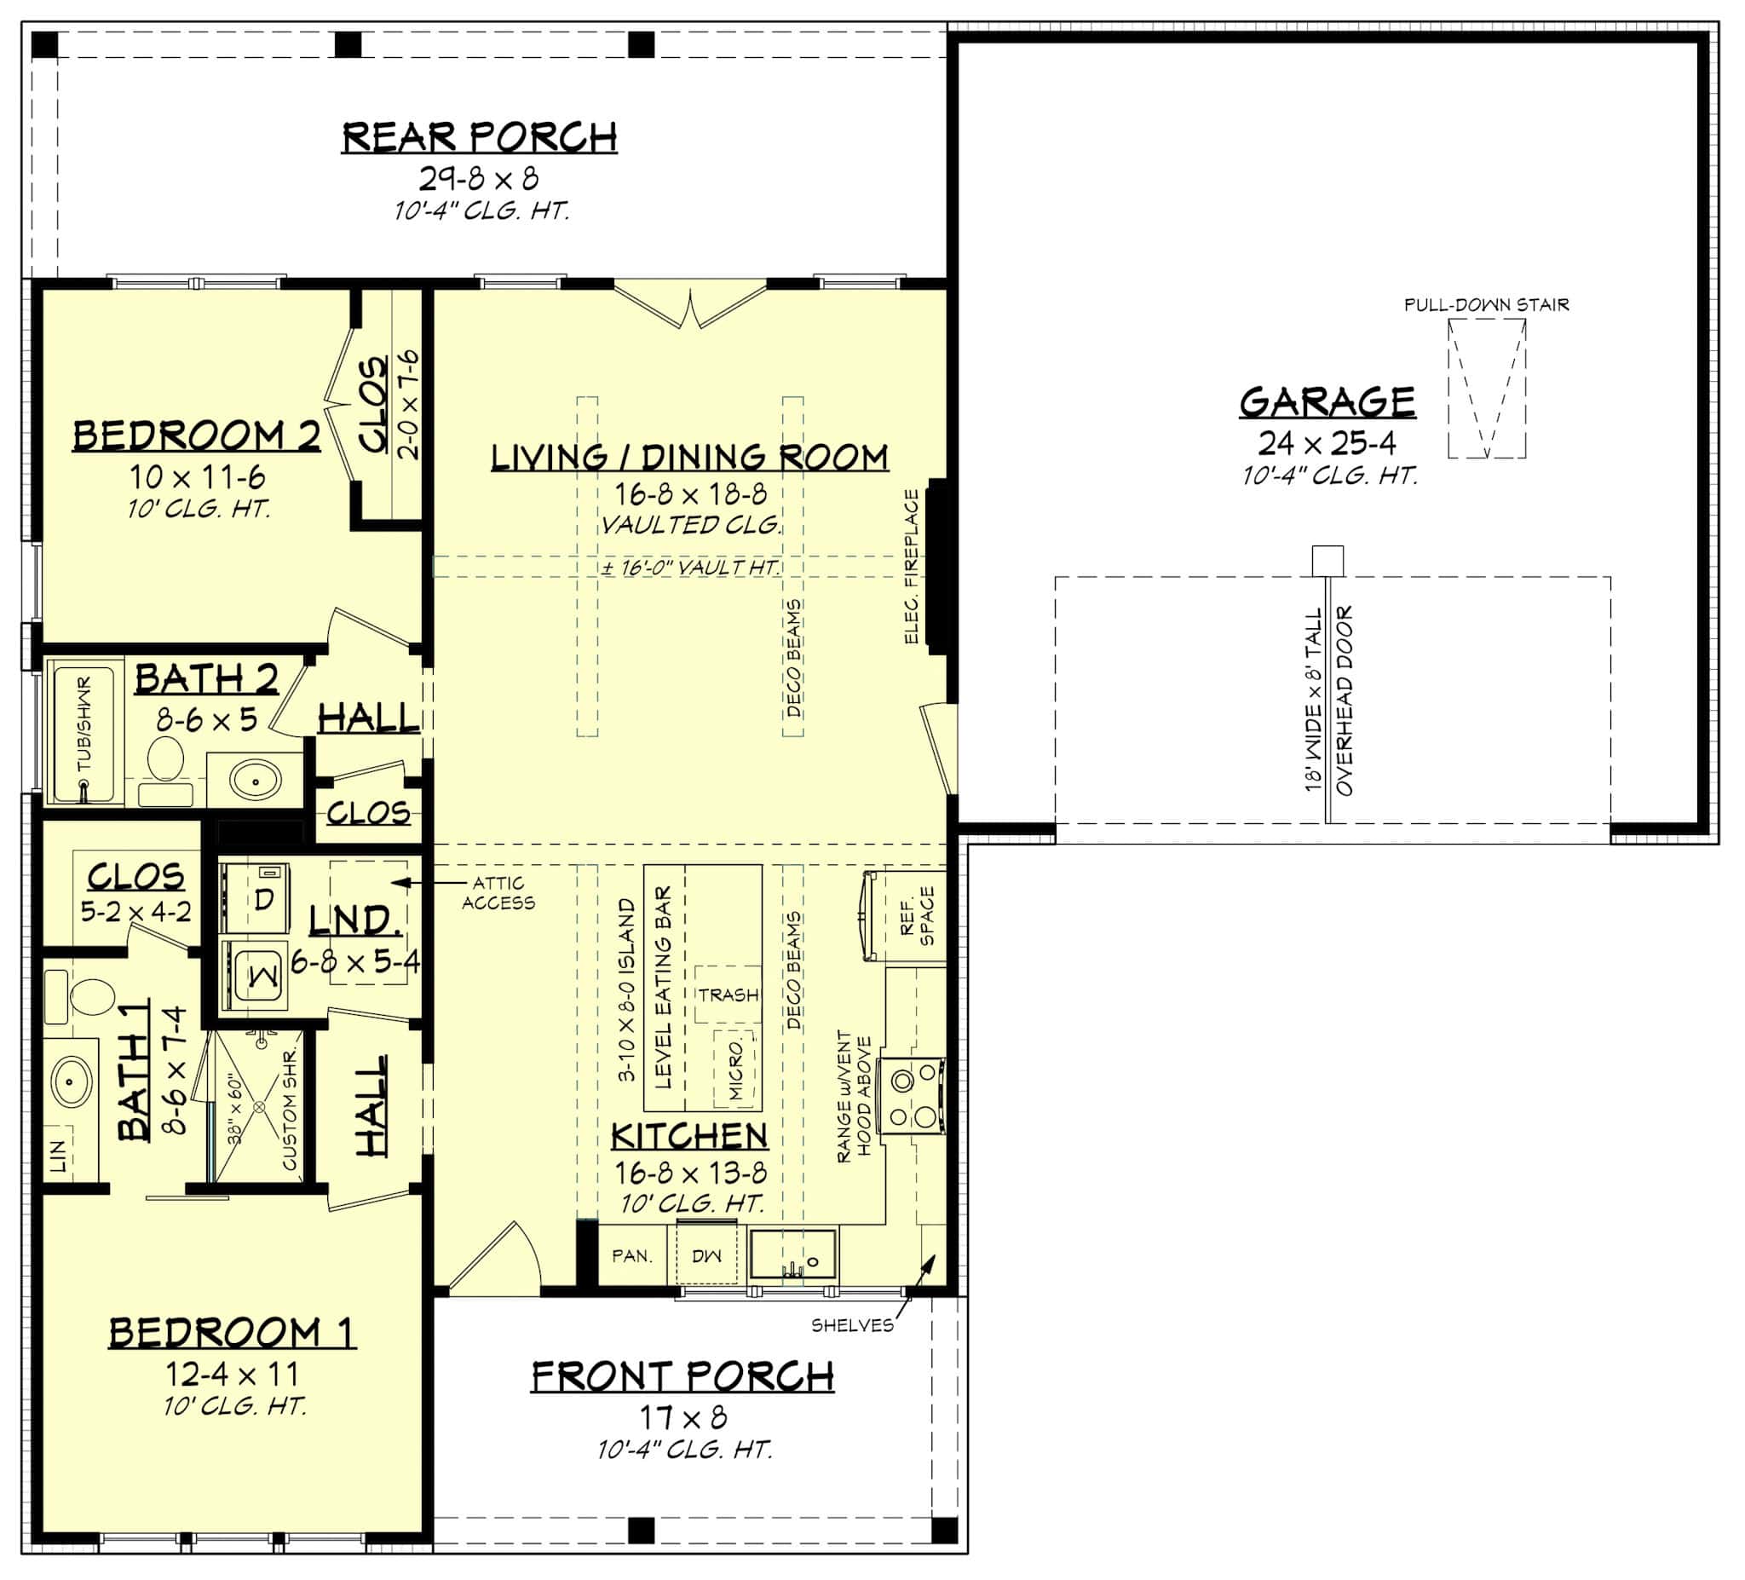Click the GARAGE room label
pyautogui.click(x=1327, y=401)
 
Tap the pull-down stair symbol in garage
pyautogui.click(x=1486, y=388)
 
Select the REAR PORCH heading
pyautogui.click(x=480, y=137)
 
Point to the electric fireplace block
pyautogui.click(x=937, y=566)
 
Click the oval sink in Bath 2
pyautogui.click(x=256, y=780)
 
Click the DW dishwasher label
pyautogui.click(x=706, y=1255)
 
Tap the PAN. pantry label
pyautogui.click(x=632, y=1255)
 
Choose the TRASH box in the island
pyautogui.click(x=728, y=995)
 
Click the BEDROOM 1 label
pyautogui.click(x=232, y=1332)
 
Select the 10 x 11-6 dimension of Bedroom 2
pyautogui.click(x=198, y=477)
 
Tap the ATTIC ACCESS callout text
pyautogui.click(x=498, y=892)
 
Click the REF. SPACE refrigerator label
pyautogui.click(x=918, y=915)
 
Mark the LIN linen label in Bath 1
pyautogui.click(x=59, y=1155)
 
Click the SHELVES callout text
pyautogui.click(x=853, y=1325)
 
